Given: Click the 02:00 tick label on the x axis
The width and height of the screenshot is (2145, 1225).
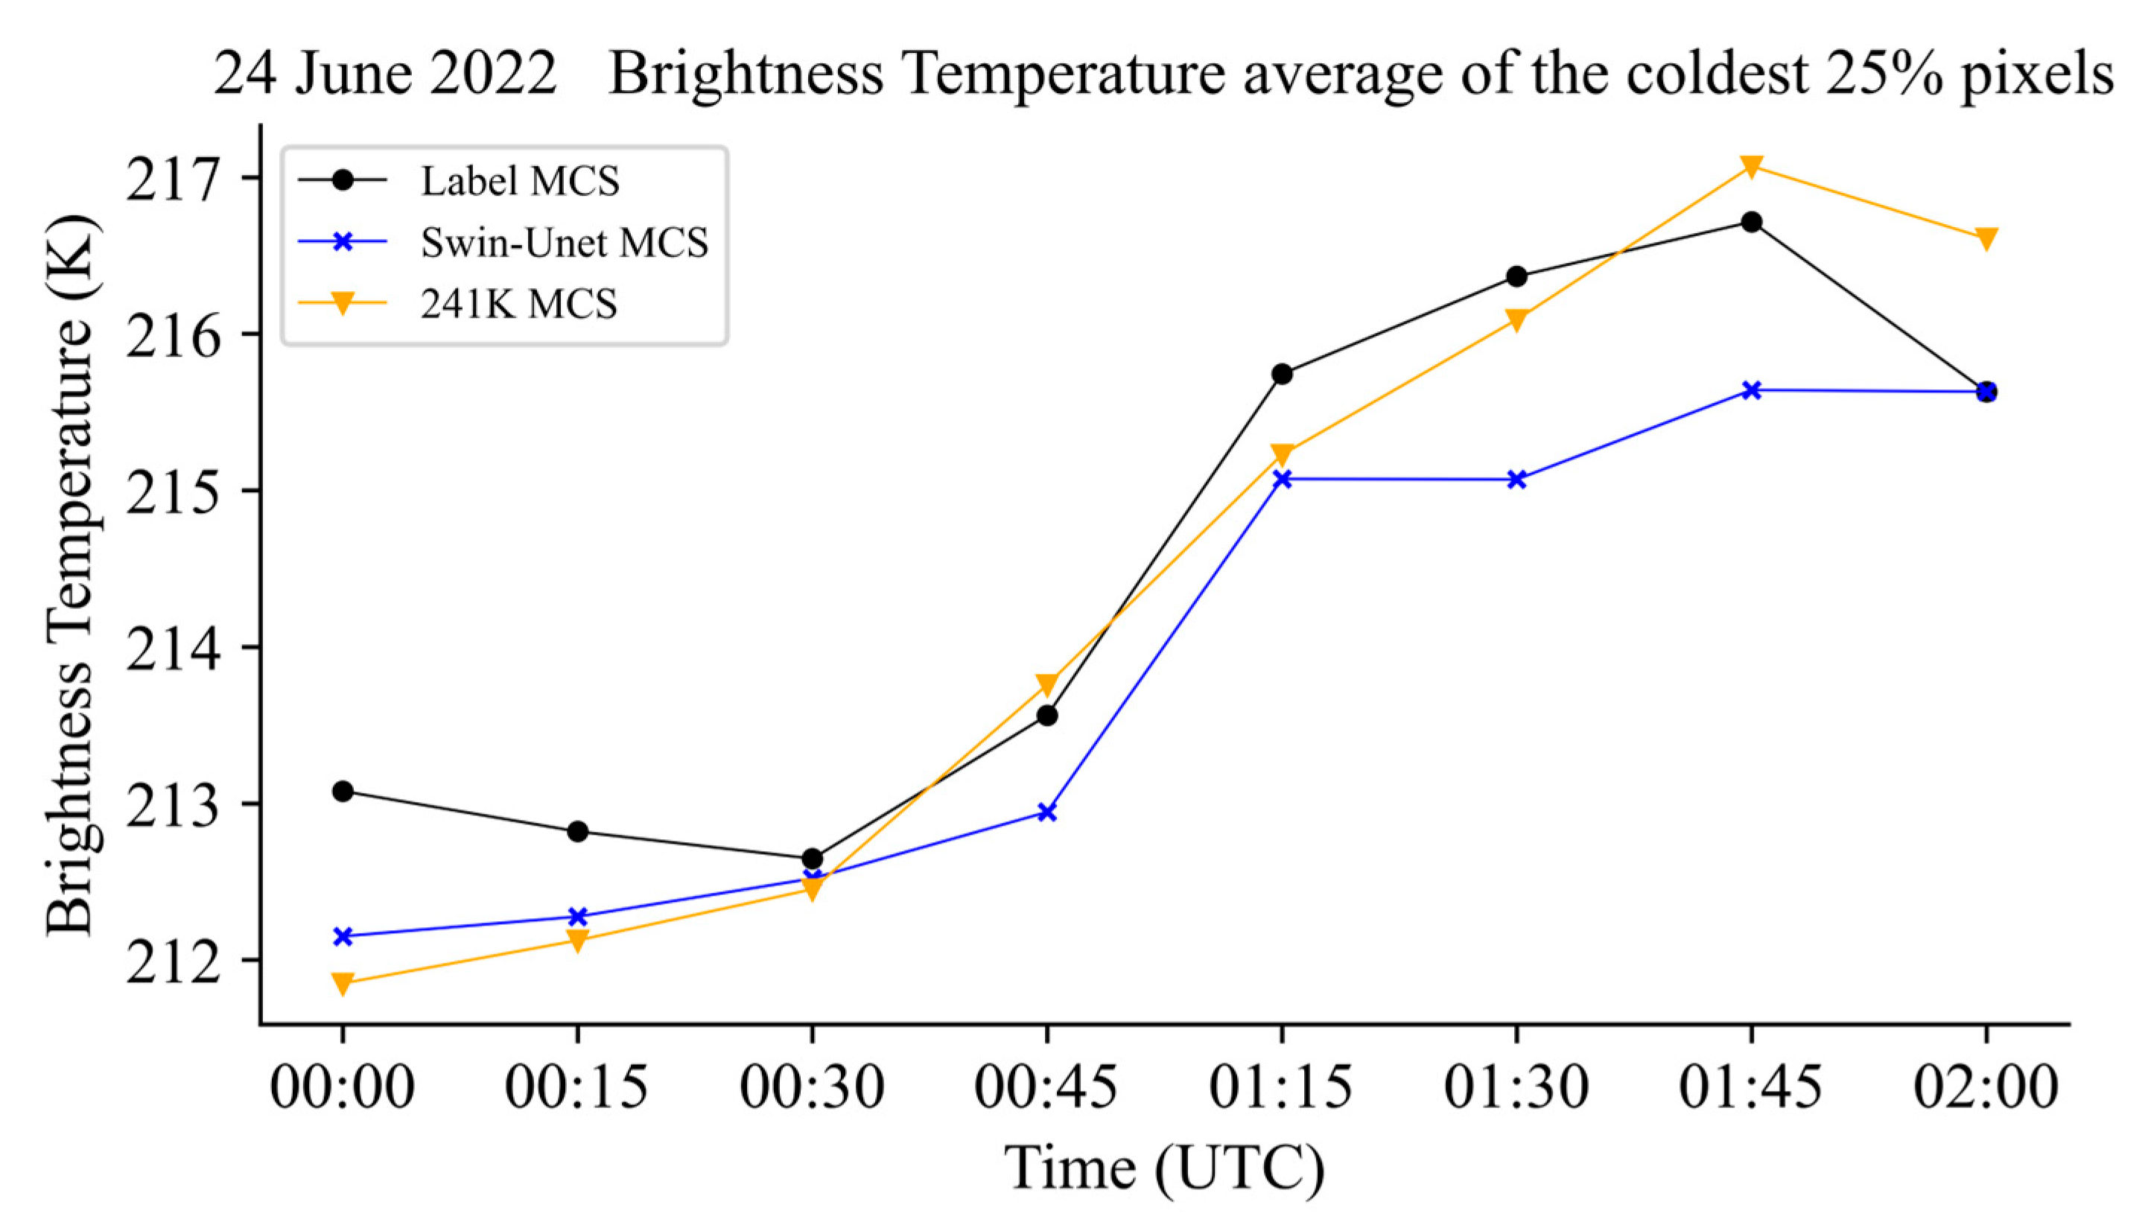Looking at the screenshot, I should [1986, 1087].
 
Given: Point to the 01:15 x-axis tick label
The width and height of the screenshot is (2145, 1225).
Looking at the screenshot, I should [1281, 1087].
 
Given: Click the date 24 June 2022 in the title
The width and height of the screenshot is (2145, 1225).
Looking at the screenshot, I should [384, 74].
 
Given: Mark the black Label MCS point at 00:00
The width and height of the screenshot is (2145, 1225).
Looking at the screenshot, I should [343, 791].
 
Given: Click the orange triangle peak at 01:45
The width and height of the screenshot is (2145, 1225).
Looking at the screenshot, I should [1751, 167].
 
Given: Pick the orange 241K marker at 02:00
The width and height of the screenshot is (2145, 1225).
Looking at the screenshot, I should [1986, 239].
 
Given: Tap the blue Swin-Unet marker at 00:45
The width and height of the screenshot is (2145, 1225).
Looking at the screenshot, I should [1047, 812].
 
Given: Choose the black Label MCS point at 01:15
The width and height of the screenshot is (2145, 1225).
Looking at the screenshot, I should [1282, 374].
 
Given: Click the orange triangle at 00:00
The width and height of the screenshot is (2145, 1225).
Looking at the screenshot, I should [343, 984].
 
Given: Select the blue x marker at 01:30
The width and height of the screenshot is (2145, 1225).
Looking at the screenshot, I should [1516, 480].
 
